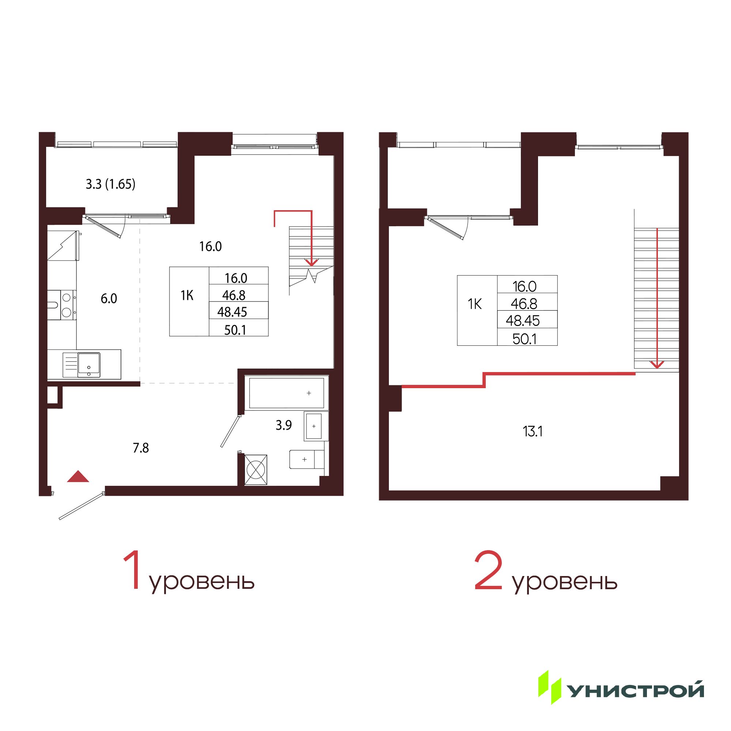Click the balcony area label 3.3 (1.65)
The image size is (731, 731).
110,184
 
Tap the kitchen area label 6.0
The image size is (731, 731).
109,299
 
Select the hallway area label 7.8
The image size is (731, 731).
141,448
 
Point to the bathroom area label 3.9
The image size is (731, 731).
283,425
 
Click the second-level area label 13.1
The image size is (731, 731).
533,431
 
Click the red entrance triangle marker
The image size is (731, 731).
78,476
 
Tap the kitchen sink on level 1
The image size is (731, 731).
88,365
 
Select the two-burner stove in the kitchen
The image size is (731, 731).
67,304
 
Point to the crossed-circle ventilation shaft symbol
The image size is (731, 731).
256,470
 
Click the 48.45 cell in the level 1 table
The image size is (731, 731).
232,312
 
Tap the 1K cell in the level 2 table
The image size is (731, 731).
475,304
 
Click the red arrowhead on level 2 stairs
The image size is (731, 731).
657,364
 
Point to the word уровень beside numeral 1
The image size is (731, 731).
202,582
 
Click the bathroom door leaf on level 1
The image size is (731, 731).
230,432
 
